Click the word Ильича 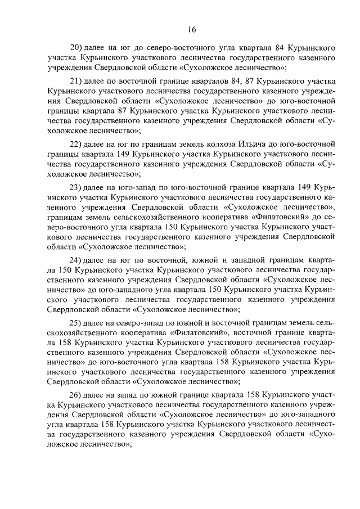coord(256,143)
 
